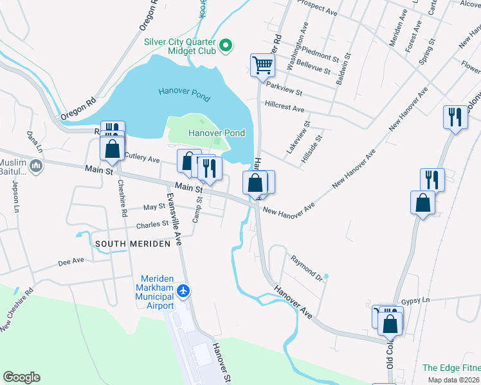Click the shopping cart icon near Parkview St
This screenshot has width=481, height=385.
(262, 64)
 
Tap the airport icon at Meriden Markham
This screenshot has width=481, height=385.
(184, 291)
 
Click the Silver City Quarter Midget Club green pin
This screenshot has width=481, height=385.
(225, 45)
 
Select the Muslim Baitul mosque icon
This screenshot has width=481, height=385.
(35, 167)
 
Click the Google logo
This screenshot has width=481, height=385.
(21, 377)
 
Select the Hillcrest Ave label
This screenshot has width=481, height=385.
(284, 107)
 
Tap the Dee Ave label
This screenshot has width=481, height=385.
(71, 262)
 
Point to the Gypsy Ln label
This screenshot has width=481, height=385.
(414, 301)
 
